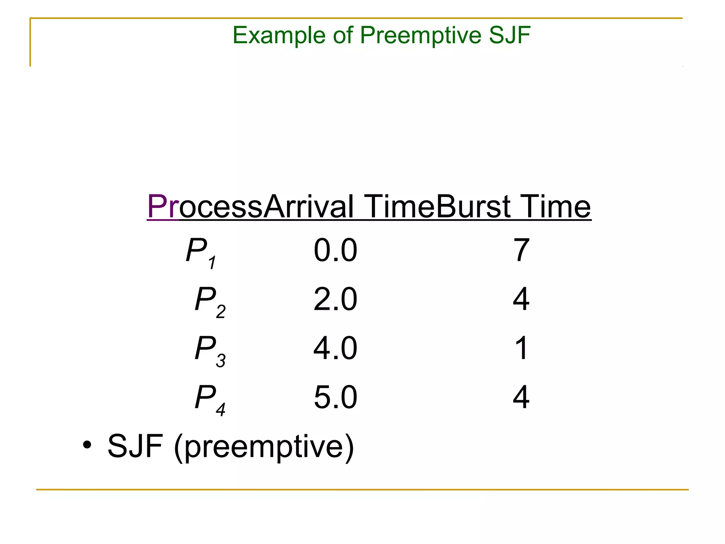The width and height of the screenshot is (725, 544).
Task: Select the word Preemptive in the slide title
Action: [x=421, y=36]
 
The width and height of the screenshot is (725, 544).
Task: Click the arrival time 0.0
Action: [x=335, y=250]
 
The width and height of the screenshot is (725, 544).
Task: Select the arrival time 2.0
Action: [x=335, y=299]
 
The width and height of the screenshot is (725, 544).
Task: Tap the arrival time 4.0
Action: [x=335, y=348]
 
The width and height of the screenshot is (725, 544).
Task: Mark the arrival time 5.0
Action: [x=335, y=397]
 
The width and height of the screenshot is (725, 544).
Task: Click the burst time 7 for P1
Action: [x=521, y=250]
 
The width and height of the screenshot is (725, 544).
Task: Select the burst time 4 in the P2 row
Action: [x=521, y=299]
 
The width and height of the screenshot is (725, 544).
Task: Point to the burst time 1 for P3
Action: [x=521, y=348]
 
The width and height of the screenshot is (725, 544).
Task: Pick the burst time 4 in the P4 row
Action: [x=521, y=397]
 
